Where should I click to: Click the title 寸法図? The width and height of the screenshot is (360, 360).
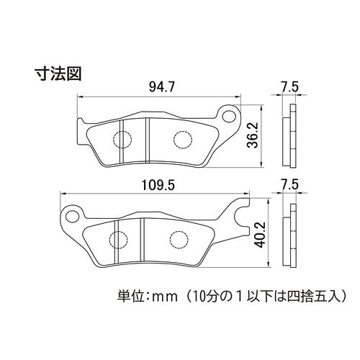pos(58,73)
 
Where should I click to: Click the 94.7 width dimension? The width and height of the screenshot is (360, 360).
pos(161,87)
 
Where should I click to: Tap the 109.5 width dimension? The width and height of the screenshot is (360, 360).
pos(158,186)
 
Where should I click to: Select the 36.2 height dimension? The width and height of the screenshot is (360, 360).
pos(253,135)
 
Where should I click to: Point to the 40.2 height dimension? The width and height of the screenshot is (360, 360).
pos(260,235)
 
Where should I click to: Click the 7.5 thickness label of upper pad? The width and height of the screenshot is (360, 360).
pos(290,87)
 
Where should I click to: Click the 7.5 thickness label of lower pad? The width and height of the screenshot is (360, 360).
pos(290,185)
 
